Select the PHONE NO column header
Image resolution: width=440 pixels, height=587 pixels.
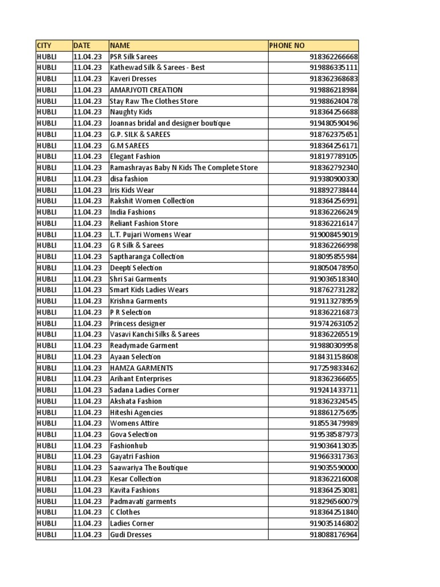tap(288, 45)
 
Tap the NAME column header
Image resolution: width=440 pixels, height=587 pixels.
tap(120, 45)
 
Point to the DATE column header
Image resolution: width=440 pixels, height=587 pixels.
tap(82, 45)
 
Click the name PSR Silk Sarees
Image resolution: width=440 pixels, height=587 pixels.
tap(133, 57)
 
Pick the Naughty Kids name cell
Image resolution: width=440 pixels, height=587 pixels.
tap(131, 112)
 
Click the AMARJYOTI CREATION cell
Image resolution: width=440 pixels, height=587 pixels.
tap(146, 90)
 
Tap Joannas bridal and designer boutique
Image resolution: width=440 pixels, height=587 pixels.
tap(170, 123)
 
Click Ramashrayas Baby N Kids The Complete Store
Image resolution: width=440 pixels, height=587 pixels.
tap(184, 167)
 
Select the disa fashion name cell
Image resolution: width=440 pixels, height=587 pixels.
tap(129, 179)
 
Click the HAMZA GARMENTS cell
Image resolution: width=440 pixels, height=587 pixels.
tap(142, 368)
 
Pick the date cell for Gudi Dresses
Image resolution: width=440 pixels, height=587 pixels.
tap(88, 535)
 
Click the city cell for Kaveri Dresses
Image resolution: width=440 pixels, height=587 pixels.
tap(47, 79)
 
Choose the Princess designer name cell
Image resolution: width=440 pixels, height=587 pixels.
tap(137, 323)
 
